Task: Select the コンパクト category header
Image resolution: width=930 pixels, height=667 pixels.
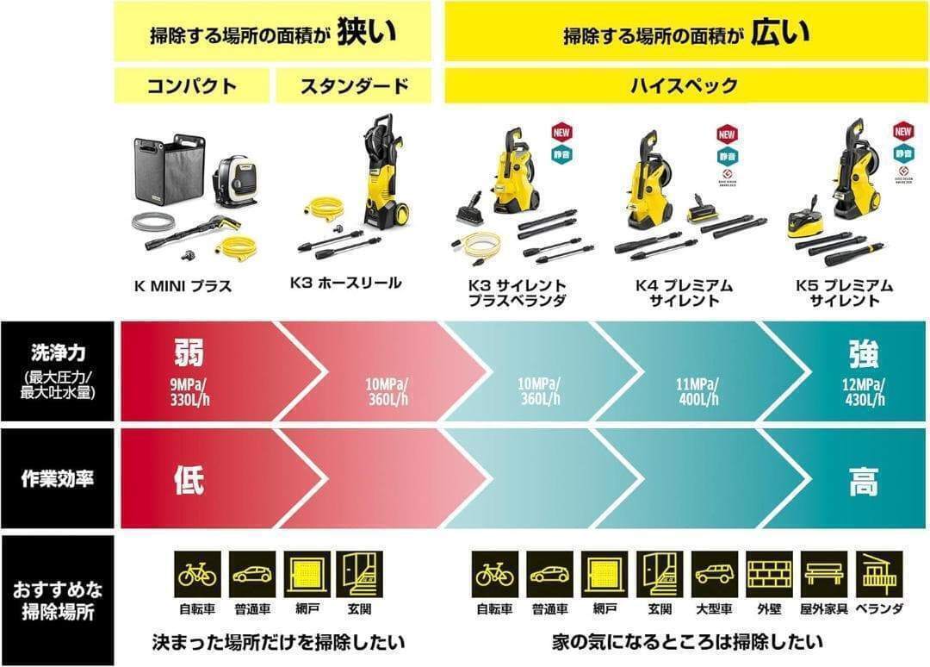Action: pos(193,86)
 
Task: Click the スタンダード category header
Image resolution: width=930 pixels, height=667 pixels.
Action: pos(353,86)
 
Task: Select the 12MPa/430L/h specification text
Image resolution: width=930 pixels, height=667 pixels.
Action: pos(864,392)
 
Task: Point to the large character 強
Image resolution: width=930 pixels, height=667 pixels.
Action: pos(864,353)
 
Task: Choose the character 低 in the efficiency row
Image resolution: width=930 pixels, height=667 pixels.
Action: pos(189,480)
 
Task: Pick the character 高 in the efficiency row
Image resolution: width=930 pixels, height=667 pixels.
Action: pos(864,482)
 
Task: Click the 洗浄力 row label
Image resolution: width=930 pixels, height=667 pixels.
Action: pos(56,353)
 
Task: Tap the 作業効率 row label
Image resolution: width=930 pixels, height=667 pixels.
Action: pos(56,480)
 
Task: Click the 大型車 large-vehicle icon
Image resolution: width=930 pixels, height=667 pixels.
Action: pos(715,574)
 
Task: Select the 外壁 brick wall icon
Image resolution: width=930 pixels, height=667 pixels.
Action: pos(769,574)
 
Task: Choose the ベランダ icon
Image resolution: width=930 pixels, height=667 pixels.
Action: pos(878,574)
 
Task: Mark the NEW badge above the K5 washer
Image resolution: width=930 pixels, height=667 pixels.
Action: pos(902,133)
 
